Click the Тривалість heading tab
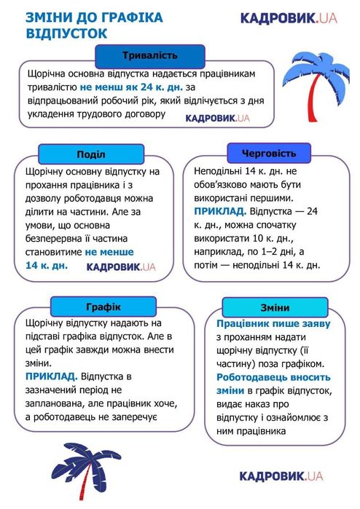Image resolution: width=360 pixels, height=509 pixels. coord(150,55)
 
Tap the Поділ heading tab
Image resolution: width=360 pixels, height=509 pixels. coord(90,154)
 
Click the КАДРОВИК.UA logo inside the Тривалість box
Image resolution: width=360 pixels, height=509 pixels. coord(217,117)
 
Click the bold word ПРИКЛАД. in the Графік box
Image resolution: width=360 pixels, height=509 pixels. coord(51,376)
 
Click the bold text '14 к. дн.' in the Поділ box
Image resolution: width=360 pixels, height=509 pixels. coord(47,266)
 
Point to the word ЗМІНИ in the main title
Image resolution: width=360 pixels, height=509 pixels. coord(46,17)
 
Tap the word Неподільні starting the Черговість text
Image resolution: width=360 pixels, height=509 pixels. coord(219,170)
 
